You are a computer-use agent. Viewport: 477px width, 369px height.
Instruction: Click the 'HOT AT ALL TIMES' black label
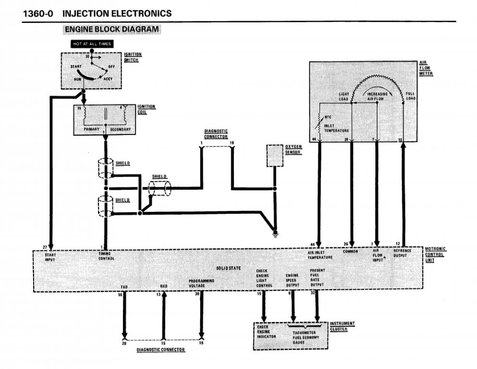92,44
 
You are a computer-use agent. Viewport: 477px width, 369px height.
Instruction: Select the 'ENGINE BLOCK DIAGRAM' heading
111,29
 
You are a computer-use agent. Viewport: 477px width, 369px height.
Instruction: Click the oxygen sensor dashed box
275,155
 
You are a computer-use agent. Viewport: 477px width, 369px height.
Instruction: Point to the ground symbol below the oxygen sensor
275,234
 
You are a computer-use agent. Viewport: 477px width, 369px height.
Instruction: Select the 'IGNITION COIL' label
147,109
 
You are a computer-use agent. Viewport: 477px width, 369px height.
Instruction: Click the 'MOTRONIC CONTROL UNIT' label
436,254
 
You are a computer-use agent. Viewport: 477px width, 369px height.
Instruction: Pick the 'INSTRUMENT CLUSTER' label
342,326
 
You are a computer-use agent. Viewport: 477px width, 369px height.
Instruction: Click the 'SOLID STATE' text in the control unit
232,268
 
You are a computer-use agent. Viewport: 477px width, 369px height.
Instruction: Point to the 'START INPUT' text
50,257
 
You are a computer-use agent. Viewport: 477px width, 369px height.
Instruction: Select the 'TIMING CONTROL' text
107,256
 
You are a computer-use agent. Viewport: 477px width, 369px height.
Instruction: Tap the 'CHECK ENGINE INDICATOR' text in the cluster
266,332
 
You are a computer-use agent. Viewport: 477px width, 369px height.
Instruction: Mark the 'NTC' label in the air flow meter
328,117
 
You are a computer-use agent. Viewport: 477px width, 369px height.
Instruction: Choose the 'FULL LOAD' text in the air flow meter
411,96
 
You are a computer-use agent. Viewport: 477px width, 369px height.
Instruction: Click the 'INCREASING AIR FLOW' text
377,96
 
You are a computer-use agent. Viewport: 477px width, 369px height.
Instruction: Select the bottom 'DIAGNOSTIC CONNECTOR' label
160,350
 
